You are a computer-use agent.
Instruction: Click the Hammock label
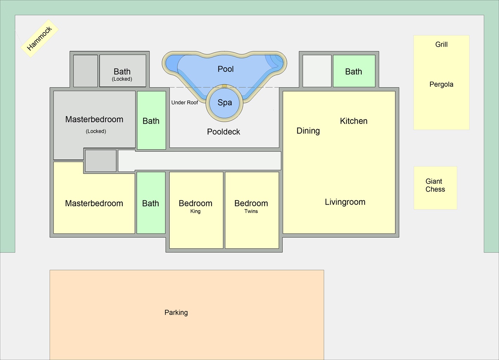39,38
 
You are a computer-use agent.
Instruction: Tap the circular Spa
225,103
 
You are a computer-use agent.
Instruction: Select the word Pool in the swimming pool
226,69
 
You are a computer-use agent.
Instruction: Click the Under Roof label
184,103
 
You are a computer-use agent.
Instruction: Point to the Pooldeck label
223,132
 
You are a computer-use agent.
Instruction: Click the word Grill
441,45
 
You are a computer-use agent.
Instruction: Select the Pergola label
441,84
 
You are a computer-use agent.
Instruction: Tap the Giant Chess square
435,187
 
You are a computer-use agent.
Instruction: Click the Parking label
176,313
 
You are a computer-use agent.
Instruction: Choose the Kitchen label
354,121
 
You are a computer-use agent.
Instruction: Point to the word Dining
308,131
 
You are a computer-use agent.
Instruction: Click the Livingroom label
345,202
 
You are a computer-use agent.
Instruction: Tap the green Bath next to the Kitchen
354,71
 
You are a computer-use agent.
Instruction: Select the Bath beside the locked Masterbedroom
151,121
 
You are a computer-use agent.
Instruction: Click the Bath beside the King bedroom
151,203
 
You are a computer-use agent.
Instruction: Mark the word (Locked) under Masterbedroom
96,131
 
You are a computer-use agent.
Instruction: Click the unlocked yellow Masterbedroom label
94,203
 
